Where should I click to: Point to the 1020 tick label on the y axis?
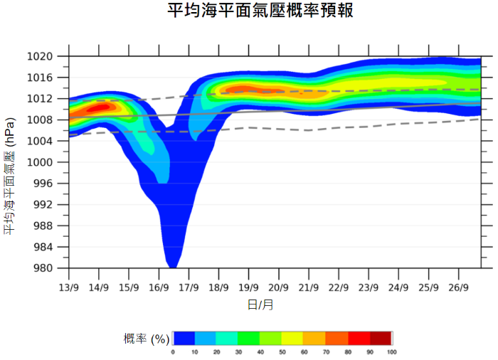(x=41, y=56)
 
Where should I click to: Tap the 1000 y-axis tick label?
(x=41, y=162)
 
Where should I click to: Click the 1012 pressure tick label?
(x=41, y=99)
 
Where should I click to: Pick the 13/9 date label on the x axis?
(x=69, y=287)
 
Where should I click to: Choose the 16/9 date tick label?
(x=159, y=287)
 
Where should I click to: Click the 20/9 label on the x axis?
(x=279, y=287)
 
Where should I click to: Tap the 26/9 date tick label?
(x=459, y=287)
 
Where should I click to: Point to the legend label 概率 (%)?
(x=146, y=338)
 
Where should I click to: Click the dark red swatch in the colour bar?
(x=381, y=338)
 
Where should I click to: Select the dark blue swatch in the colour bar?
(x=184, y=338)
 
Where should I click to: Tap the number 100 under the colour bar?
(x=391, y=352)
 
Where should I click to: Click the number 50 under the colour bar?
(x=282, y=352)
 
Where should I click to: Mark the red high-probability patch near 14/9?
(x=100, y=107)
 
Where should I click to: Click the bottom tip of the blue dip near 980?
(x=172, y=266)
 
